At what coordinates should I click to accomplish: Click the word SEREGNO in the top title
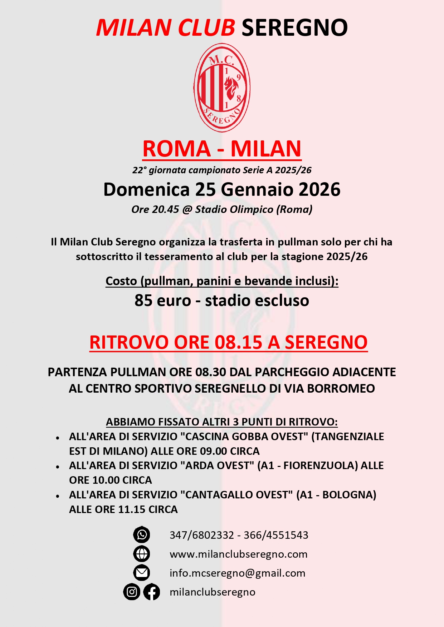[294, 28]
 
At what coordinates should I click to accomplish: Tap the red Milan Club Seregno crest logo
[222, 88]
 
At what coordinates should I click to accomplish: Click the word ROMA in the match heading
[176, 149]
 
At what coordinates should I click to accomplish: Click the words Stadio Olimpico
[234, 209]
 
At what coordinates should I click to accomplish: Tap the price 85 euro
[163, 300]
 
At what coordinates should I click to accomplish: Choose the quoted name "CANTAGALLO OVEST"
[236, 495]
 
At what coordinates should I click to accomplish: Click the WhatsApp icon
[142, 535]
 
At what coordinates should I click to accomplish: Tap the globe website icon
[142, 554]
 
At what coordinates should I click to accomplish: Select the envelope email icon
[142, 573]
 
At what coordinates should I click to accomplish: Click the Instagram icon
[132, 592]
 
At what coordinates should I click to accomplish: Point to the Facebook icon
[152, 592]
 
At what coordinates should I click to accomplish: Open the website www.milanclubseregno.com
[238, 554]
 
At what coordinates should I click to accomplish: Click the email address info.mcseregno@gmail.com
[237, 573]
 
